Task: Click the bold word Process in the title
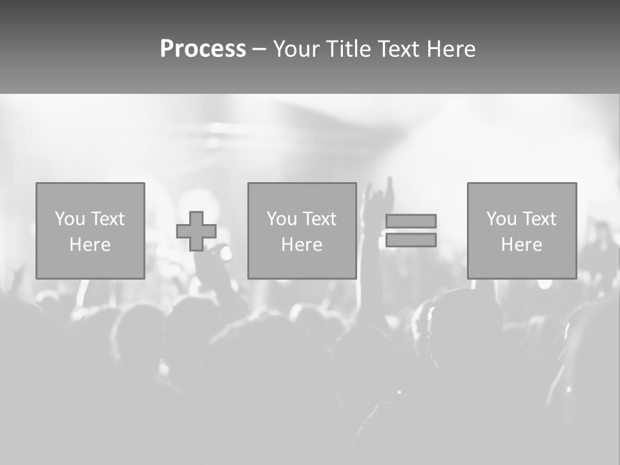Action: click(203, 49)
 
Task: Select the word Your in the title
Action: click(298, 49)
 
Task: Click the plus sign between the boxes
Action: click(196, 231)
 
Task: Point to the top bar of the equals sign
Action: click(411, 221)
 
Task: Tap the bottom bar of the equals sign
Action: click(411, 240)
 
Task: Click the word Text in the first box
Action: click(107, 219)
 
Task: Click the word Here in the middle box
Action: click(302, 245)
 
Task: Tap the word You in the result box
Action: click(501, 219)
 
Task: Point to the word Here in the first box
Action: click(90, 245)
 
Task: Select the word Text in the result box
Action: click(539, 219)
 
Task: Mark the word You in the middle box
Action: click(282, 219)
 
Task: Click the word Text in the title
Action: click(397, 49)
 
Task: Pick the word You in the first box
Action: click(70, 219)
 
